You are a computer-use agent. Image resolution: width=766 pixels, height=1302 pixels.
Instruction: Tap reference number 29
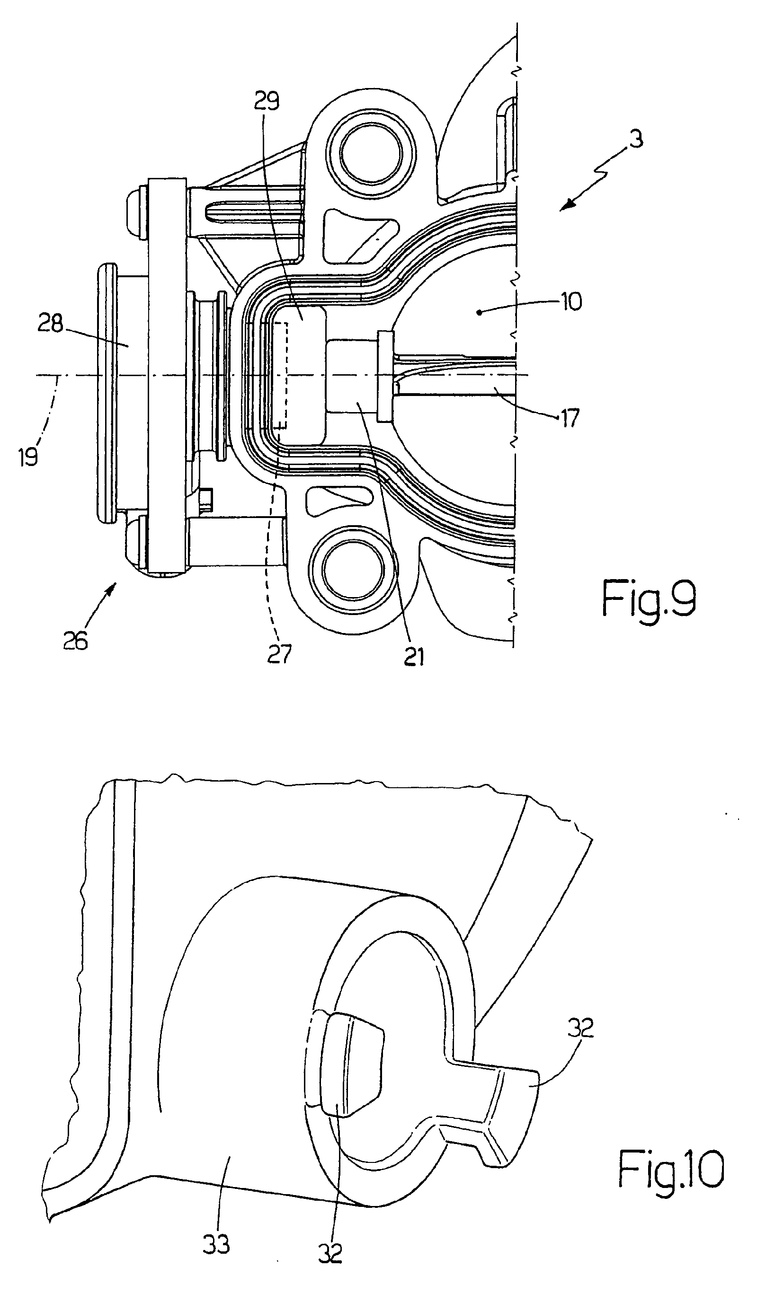pyautogui.click(x=267, y=101)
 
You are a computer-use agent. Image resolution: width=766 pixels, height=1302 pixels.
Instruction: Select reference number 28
pyautogui.click(x=50, y=325)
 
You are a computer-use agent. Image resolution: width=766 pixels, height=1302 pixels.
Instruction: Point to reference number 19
pyautogui.click(x=28, y=457)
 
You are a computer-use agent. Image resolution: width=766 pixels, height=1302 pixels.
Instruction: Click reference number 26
pyautogui.click(x=75, y=641)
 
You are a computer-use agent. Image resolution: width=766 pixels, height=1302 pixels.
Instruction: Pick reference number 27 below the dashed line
pyautogui.click(x=280, y=653)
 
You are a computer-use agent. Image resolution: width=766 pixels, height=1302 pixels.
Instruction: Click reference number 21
pyautogui.click(x=414, y=657)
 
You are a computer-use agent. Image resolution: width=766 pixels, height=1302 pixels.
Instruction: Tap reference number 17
pyautogui.click(x=570, y=418)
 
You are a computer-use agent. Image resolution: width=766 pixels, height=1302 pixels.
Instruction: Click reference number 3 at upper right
pyautogui.click(x=637, y=139)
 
